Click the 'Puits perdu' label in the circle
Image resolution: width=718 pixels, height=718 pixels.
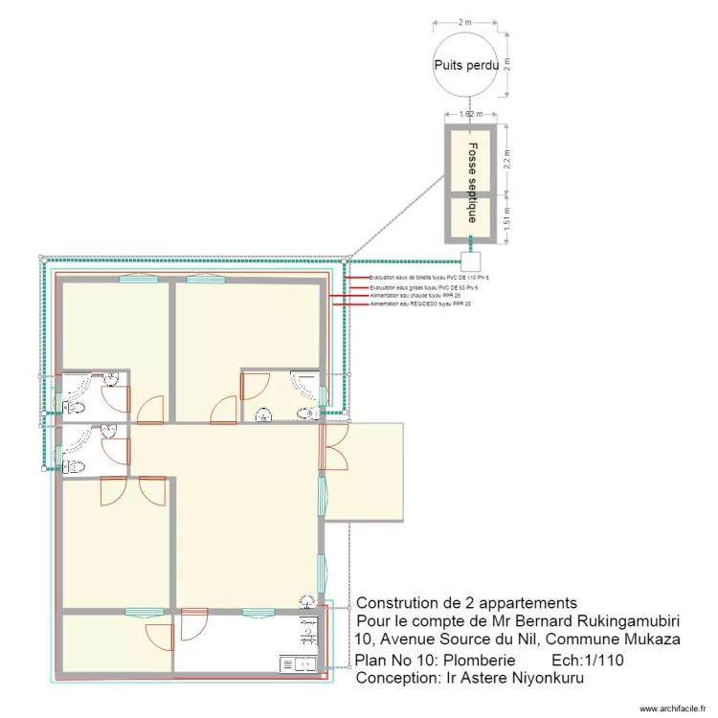(466, 65)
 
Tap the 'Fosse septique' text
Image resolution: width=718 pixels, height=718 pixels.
(471, 183)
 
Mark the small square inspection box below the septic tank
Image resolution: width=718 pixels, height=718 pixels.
(469, 260)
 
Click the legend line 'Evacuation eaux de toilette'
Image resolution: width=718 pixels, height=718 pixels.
(422, 278)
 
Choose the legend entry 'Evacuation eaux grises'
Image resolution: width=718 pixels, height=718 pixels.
(422, 287)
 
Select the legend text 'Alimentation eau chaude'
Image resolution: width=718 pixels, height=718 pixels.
(420, 296)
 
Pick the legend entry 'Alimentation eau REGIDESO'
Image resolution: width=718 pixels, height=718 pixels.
(422, 304)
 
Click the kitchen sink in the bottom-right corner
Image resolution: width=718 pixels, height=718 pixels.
(298, 662)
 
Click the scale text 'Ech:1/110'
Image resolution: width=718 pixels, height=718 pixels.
(586, 661)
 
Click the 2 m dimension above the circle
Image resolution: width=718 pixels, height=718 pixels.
(466, 21)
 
